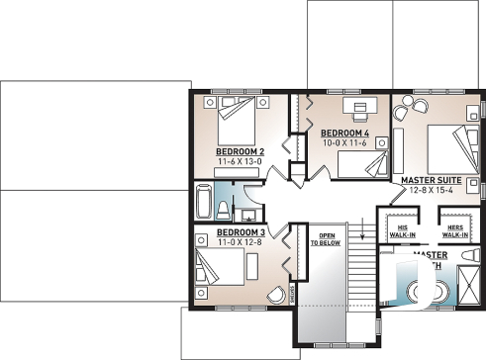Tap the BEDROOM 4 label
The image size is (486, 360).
344,133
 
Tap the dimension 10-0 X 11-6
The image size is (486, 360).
343,143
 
